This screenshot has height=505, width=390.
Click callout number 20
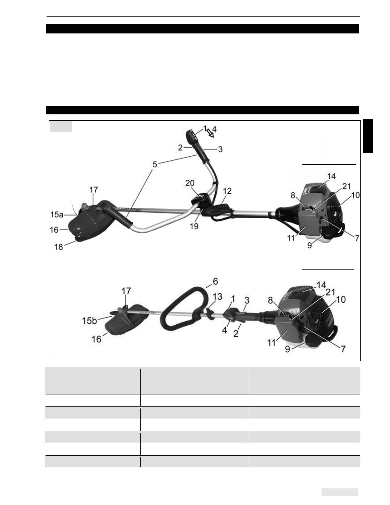click(190, 183)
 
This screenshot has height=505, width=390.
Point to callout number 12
click(227, 191)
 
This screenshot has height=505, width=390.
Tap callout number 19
click(194, 226)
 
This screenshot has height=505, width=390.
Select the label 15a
click(57, 214)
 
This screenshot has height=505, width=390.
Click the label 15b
click(89, 321)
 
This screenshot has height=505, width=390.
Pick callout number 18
click(59, 247)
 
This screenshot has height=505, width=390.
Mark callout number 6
click(216, 281)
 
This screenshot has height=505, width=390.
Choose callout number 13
click(217, 297)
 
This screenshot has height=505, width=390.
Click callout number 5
click(155, 164)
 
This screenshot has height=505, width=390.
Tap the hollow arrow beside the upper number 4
click(210, 133)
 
